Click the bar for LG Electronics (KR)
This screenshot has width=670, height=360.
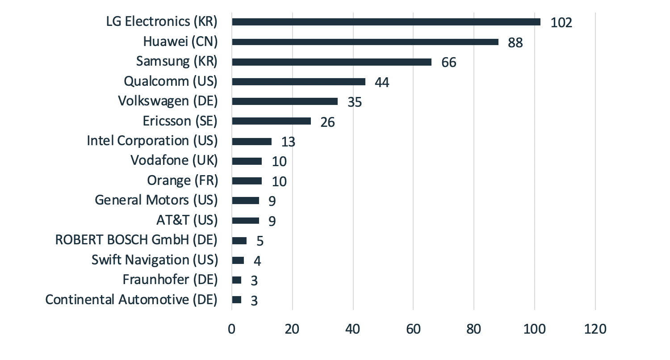click(x=386, y=22)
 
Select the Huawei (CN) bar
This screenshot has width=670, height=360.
click(x=365, y=42)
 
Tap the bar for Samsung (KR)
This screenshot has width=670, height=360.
click(x=331, y=62)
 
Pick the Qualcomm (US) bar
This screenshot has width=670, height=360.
click(x=298, y=82)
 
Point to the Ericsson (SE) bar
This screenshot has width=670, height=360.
click(x=271, y=121)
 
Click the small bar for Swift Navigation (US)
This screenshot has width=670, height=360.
click(x=238, y=260)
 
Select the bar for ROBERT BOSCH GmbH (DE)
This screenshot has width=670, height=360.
click(x=239, y=240)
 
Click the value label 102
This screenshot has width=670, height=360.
click(x=561, y=23)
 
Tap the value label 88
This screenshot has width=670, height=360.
click(x=515, y=43)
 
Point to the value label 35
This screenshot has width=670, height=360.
click(x=354, y=102)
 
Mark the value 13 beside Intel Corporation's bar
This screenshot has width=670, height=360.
click(x=288, y=142)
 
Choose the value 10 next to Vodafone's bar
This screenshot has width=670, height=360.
click(x=279, y=162)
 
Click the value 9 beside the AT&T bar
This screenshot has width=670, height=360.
click(x=272, y=221)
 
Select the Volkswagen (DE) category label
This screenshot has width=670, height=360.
click(x=167, y=101)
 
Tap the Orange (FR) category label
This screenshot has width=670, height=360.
click(x=182, y=180)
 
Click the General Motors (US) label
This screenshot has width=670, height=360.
click(x=156, y=200)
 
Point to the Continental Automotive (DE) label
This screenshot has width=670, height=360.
click(x=131, y=299)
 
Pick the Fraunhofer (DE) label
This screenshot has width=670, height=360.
click(x=170, y=280)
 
